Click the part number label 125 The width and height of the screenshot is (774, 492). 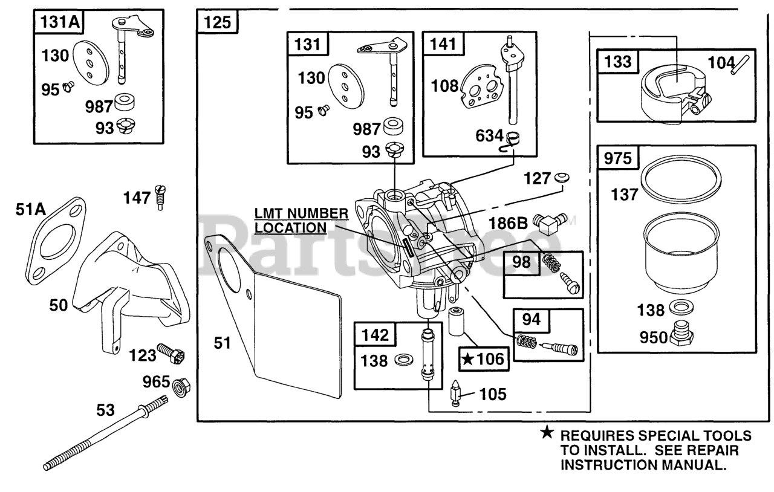pyautogui.click(x=217, y=22)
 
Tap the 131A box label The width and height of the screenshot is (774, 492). pyautogui.click(x=59, y=22)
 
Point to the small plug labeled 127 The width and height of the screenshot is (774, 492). pyautogui.click(x=562, y=178)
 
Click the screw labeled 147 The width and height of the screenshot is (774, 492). pyautogui.click(x=161, y=198)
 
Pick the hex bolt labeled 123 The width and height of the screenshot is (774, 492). pyautogui.click(x=171, y=353)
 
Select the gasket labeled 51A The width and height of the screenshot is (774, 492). pyautogui.click(x=55, y=241)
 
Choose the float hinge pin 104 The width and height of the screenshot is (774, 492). pyautogui.click(x=740, y=65)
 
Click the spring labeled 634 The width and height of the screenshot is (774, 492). pyautogui.click(x=509, y=143)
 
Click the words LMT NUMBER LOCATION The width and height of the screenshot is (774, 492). pyautogui.click(x=301, y=221)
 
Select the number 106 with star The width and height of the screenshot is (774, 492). pyautogui.click(x=484, y=359)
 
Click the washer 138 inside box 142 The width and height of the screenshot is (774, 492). pyautogui.click(x=403, y=360)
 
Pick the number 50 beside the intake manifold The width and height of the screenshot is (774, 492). pyautogui.click(x=59, y=305)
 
